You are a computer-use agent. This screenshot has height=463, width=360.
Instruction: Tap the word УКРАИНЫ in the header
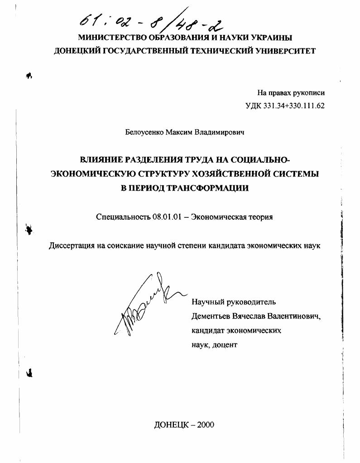pyautogui.click(x=266, y=38)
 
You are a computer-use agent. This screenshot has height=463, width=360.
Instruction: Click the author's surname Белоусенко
pyautogui.click(x=144, y=133)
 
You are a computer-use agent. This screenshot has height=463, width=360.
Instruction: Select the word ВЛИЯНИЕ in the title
pyautogui.click(x=100, y=160)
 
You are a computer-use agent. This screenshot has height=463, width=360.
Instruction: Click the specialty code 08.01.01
pyautogui.click(x=168, y=217)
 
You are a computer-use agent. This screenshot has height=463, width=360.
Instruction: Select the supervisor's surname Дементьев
pyautogui.click(x=211, y=316)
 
